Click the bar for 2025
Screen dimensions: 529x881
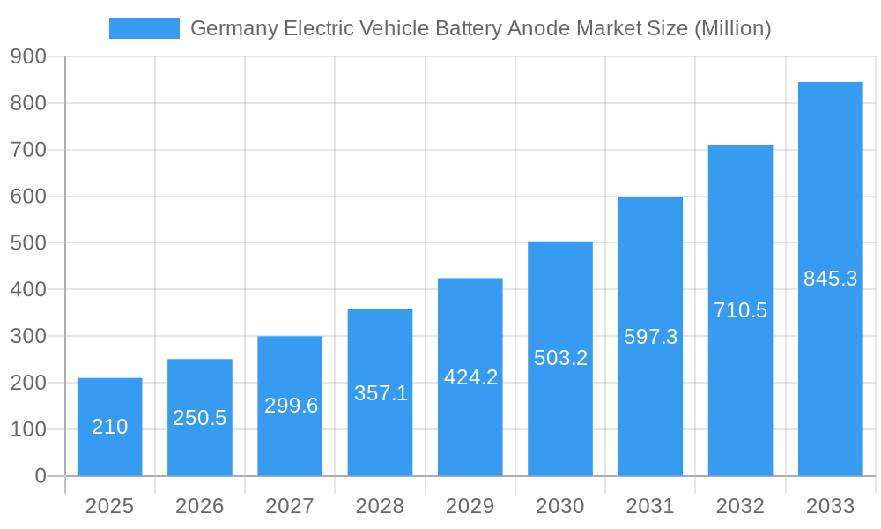point(110,427)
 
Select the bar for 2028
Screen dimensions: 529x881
point(380,392)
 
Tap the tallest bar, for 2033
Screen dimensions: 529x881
point(830,279)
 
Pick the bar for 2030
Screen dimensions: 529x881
point(560,358)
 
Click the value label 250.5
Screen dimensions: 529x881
point(200,418)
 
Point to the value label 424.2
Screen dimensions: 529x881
point(470,377)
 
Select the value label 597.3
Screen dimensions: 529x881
point(650,337)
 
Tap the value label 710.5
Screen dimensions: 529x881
point(740,310)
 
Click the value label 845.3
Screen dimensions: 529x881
point(830,279)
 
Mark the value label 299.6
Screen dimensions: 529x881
point(291,406)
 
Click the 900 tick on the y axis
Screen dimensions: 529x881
point(28,56)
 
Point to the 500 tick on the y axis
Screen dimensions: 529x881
point(28,243)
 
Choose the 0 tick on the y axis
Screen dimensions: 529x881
point(41,476)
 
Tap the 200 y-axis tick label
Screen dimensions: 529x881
point(28,383)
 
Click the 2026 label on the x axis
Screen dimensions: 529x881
point(200,506)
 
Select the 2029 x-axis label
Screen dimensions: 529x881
point(470,506)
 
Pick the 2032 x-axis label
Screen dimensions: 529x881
point(740,506)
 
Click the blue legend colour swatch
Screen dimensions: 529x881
point(144,28)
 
